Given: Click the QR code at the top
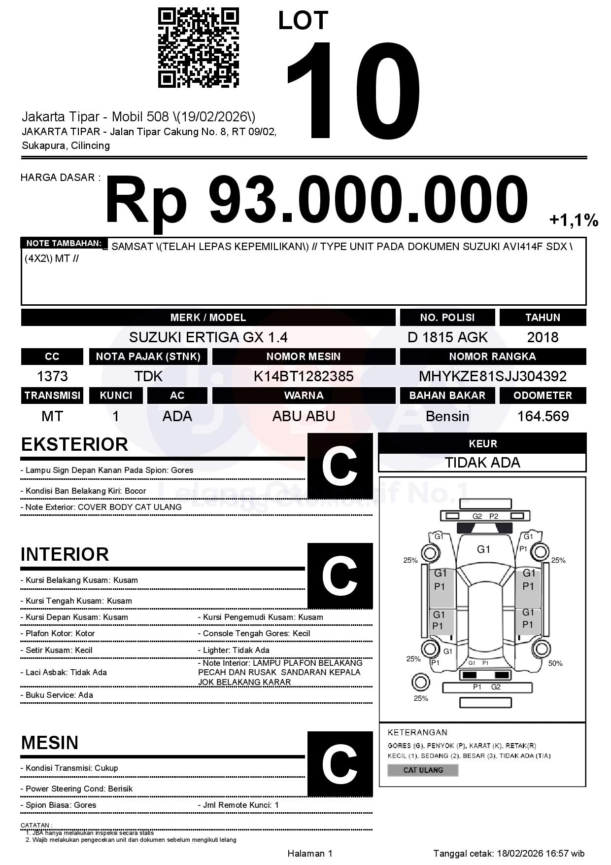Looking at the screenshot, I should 198,48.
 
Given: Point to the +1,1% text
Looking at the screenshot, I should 574,220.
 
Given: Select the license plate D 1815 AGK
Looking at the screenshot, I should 447,337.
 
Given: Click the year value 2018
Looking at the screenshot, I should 543,337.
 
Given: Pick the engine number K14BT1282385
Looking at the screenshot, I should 304,376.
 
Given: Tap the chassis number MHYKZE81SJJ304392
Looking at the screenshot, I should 492,376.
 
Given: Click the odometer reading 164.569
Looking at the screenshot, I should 543,416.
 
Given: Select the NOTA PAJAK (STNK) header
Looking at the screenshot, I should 148,357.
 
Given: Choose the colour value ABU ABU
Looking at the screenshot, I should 304,416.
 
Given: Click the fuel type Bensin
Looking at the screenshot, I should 447,416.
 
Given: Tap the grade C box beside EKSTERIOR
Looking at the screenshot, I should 339,466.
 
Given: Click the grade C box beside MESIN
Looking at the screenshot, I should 339,764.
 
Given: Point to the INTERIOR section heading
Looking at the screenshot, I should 65,554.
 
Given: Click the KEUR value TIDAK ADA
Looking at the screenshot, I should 482,463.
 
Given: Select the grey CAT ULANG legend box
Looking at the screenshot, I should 423,770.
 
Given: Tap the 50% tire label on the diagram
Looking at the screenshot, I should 555,663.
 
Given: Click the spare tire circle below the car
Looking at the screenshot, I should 421,683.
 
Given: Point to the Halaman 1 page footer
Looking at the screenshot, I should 310,854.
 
